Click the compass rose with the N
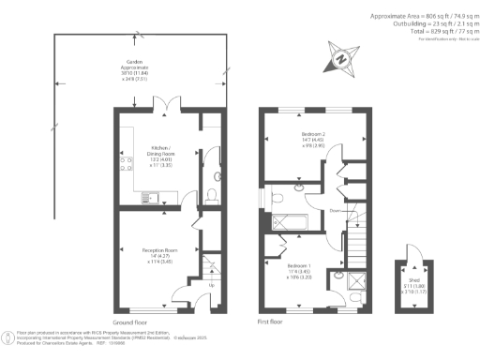pyautogui.click(x=341, y=59)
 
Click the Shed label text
pyautogui.click(x=413, y=286)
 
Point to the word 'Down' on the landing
pyautogui.click(x=334, y=211)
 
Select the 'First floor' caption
pyautogui.click(x=272, y=322)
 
